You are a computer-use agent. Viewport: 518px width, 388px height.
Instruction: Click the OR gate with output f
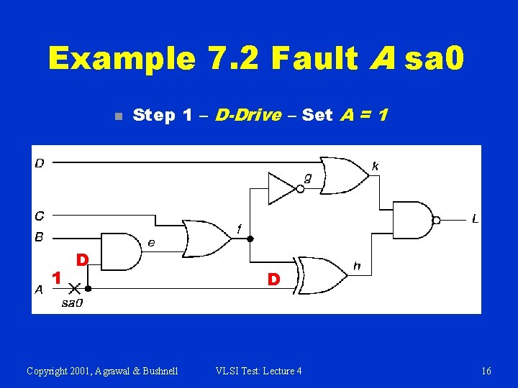[206, 238]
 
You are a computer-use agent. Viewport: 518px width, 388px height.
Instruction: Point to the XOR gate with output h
[322, 274]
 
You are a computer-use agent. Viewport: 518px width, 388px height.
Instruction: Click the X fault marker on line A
[73, 287]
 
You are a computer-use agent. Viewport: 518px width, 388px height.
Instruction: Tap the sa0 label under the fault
[72, 303]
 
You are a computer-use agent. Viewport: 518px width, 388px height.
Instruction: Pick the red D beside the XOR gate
[273, 278]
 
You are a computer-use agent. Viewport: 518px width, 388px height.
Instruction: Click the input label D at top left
[39, 163]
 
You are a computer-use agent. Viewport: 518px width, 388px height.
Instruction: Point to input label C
[39, 215]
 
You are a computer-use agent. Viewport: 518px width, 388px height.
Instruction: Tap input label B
[39, 236]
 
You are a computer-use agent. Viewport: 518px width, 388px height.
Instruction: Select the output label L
[475, 218]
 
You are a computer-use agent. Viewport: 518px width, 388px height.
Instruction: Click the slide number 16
[486, 371]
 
